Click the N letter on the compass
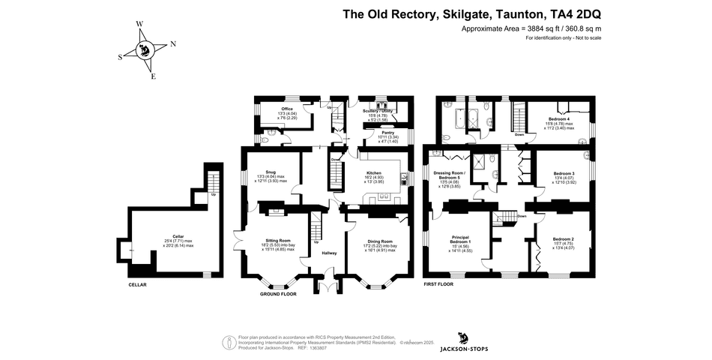pos(173,44)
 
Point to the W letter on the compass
pos(139,24)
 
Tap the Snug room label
pos(271,172)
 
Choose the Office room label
pos(287,109)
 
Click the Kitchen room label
pos(372,172)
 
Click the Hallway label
pos(330,253)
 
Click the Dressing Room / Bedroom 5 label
pos(450,176)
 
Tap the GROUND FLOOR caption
pos(278,295)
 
